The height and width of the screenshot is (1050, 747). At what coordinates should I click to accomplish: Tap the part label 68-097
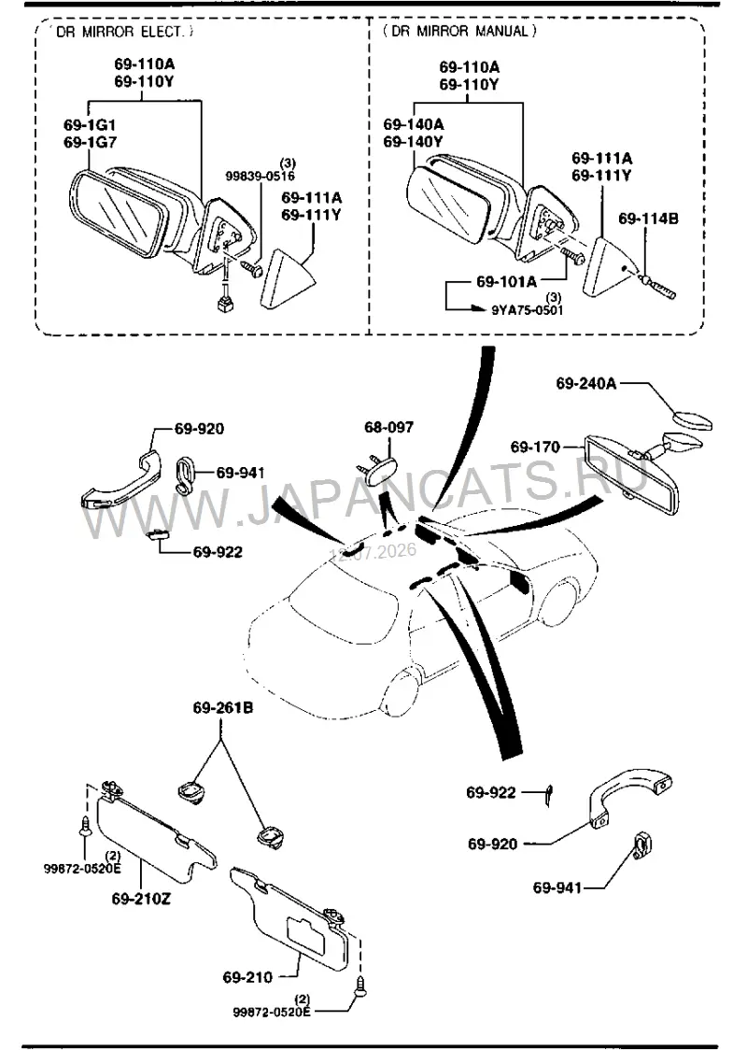388,427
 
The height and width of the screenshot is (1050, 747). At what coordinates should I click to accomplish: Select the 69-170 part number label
535,447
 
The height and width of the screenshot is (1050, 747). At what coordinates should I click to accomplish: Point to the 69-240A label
586,383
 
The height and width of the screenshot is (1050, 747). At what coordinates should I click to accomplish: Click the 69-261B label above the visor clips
223,707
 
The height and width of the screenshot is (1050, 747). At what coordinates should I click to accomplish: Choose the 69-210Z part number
141,900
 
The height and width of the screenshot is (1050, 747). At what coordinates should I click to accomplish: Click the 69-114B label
648,219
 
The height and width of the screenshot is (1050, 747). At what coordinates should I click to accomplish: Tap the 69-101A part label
506,282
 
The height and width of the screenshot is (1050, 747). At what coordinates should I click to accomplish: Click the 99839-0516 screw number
260,176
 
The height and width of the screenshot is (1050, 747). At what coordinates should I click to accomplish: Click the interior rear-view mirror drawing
632,475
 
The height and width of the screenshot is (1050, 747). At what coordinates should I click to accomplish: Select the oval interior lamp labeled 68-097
379,467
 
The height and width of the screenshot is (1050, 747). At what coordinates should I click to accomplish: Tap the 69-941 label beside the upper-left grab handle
240,473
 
